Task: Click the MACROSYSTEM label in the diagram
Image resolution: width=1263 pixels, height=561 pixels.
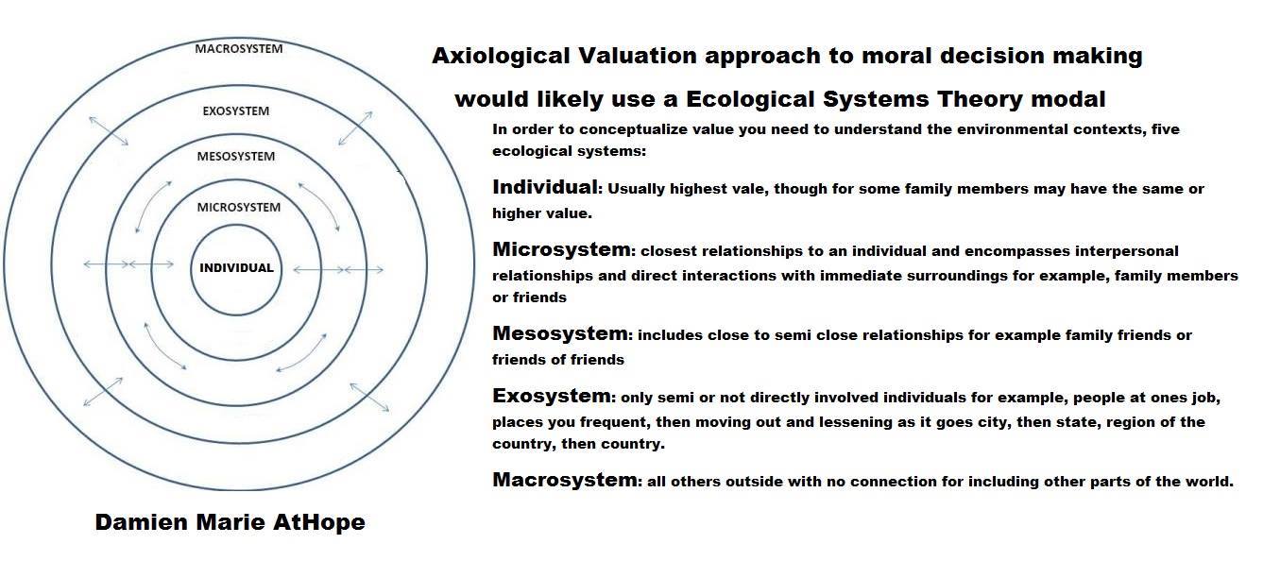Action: click(238, 49)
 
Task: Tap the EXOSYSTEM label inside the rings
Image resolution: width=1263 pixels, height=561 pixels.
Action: click(235, 111)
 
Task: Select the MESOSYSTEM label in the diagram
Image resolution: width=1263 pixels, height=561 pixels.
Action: click(235, 156)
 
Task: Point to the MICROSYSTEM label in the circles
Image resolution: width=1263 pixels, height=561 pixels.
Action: click(238, 208)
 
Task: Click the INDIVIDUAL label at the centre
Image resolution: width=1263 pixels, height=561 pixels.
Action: click(236, 268)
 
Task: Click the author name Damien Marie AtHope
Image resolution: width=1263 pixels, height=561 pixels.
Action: click(230, 522)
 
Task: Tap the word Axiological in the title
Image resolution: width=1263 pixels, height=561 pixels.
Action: click(501, 57)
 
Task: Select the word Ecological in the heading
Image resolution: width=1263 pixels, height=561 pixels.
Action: click(750, 100)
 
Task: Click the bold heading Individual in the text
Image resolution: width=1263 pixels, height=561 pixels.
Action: click(545, 187)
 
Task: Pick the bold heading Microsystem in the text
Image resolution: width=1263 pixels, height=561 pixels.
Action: click(561, 249)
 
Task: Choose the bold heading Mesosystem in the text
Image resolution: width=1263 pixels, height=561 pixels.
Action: click(560, 333)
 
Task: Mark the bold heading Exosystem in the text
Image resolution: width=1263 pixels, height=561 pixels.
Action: click(552, 396)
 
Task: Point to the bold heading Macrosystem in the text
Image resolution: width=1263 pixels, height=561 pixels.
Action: click(565, 480)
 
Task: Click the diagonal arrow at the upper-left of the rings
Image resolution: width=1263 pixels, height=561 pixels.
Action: click(109, 131)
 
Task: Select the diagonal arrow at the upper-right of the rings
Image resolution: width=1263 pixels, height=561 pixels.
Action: click(355, 128)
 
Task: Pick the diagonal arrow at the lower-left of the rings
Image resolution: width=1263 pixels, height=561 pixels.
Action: click(103, 392)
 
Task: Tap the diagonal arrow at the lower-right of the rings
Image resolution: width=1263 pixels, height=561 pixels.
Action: click(369, 397)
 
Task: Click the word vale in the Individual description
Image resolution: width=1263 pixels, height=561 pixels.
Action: click(749, 189)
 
